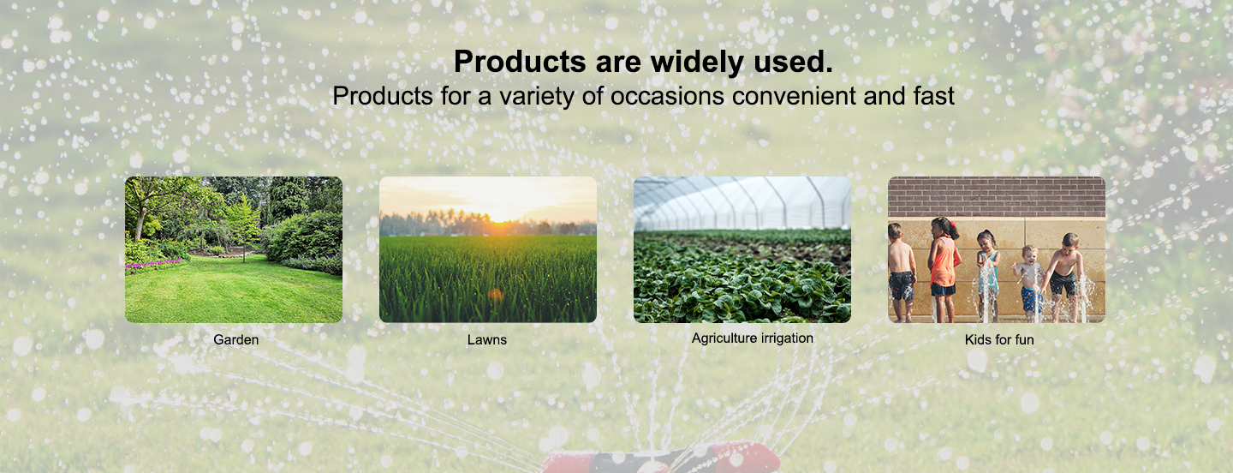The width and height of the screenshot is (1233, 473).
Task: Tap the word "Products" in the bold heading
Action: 519,61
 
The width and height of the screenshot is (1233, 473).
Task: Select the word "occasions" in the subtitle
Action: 667,96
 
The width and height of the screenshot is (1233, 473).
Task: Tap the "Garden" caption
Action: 236,339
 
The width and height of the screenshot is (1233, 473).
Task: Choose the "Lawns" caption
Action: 487,339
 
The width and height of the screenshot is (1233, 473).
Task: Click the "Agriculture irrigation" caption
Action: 753,338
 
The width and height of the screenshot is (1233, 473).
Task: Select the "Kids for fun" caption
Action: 999,339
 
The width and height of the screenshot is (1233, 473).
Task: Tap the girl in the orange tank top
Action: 944,270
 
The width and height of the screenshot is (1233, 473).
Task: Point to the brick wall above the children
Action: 997,197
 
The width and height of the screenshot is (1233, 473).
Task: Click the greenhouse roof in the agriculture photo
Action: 742,202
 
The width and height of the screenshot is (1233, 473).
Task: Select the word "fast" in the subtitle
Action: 934,96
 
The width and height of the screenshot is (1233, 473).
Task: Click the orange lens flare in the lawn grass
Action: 496,295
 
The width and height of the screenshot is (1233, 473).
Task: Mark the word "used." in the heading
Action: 793,61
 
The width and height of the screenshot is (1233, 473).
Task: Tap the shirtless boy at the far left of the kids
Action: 901,272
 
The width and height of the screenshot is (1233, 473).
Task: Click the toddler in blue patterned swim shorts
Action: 1029,284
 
